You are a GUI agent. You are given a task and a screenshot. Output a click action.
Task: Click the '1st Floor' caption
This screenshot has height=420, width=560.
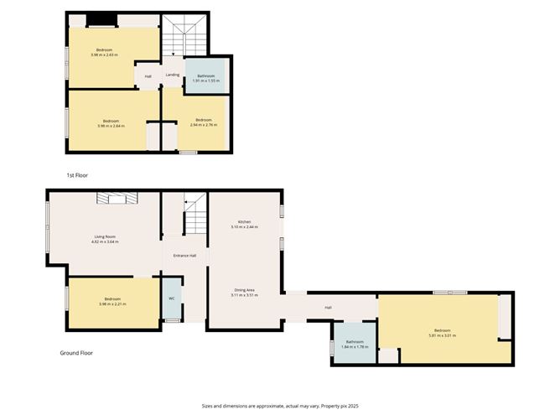[77, 175]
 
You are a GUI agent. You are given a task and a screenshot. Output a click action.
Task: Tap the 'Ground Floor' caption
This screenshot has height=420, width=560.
[75, 353]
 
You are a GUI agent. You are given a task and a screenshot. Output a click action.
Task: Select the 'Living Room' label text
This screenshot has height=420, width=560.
[105, 237]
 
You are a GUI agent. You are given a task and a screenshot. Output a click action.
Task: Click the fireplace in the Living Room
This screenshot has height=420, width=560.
[115, 197]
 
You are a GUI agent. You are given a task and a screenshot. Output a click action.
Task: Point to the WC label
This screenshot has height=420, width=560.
[171, 298]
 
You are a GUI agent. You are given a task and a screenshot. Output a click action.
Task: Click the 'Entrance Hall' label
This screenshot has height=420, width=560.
[184, 256]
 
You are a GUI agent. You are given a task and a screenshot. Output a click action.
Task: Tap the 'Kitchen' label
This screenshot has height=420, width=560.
[244, 222]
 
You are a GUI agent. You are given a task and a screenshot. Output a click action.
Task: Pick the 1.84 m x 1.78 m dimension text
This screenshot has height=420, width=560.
[354, 346]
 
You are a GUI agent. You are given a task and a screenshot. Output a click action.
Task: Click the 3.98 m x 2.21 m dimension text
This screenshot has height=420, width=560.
[112, 303]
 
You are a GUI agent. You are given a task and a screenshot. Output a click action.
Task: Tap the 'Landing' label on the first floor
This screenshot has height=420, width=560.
[172, 75]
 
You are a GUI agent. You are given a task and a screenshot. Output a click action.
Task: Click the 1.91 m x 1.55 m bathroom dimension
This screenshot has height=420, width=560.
[206, 81]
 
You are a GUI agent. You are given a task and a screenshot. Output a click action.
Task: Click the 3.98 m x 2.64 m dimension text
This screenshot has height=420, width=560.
[111, 127]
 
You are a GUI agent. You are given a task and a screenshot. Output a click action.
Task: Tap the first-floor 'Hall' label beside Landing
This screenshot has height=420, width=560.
[148, 76]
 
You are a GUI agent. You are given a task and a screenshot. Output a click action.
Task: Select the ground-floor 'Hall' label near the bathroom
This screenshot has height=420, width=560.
[328, 308]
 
